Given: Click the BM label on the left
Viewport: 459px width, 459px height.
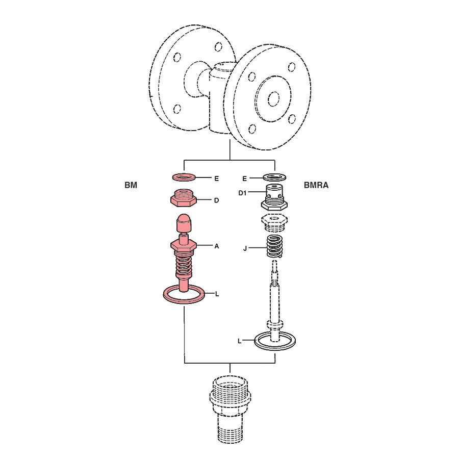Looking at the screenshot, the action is [131, 185].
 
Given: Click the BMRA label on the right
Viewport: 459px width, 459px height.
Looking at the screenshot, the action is [316, 185].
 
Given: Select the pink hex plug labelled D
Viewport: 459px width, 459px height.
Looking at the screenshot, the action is [184, 198].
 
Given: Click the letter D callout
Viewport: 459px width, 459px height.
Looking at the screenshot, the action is [216, 200].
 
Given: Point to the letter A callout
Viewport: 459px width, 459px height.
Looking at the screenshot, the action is [217, 246].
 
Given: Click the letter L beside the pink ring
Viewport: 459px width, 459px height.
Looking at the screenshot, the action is [217, 294].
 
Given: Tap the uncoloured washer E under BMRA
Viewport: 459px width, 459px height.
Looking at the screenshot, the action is [274, 177].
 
